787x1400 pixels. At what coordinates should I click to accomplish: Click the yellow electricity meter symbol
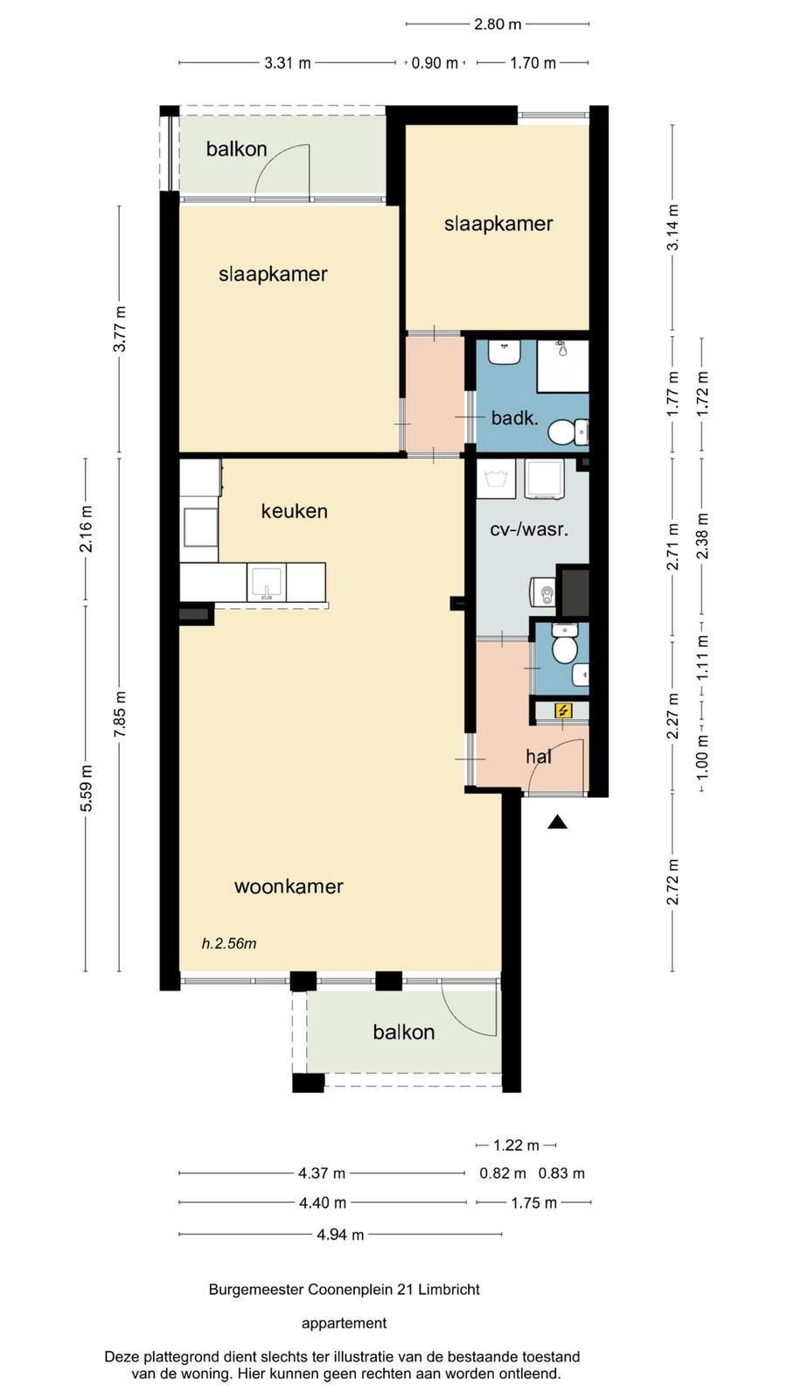coord(563,710)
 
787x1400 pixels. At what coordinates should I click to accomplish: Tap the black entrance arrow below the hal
coord(557,822)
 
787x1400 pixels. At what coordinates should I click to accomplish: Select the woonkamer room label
coord(289,886)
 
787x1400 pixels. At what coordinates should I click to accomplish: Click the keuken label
coord(294,511)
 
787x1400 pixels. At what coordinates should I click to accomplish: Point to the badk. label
coord(515,417)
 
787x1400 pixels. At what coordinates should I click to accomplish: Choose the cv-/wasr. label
coord(529,530)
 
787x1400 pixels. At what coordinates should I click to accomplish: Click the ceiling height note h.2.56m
coord(228,943)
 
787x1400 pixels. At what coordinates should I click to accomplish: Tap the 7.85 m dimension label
coord(120,714)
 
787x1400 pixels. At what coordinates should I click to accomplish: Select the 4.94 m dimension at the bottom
coord(340,1235)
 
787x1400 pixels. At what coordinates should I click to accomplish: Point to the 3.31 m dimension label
coord(288,62)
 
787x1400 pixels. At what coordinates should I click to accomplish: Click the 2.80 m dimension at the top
coord(498,24)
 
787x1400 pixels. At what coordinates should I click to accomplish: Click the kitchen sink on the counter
coord(267,583)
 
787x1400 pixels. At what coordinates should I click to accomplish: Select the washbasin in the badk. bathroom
coord(505,353)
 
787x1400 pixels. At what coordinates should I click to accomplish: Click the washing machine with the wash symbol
coord(496,479)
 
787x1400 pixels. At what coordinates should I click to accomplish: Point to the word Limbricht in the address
coord(449,1289)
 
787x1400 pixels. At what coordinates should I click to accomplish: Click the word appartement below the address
coord(345,1323)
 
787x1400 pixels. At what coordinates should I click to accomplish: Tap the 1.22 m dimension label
coord(516,1145)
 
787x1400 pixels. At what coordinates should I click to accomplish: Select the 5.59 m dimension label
coord(87,787)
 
